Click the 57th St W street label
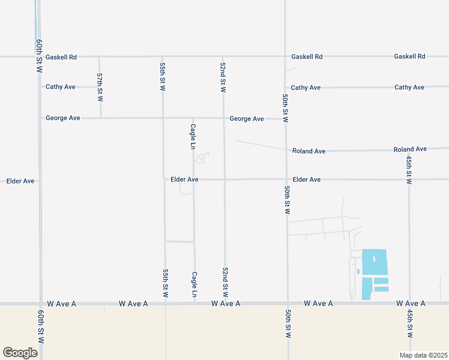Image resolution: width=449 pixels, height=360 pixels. click(100, 86)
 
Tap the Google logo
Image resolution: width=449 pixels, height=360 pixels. click(20, 353)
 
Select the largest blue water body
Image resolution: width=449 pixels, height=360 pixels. click(375, 262)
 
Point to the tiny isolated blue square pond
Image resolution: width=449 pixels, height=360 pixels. click(358, 271)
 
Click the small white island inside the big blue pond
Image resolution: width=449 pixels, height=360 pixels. click(373, 259)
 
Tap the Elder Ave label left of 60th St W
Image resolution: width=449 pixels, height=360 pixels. click(20, 181)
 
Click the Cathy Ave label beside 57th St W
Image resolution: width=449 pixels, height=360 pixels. click(61, 87)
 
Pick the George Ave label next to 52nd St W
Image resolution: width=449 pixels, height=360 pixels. click(247, 119)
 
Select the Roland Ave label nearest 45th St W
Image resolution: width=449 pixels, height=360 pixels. click(410, 149)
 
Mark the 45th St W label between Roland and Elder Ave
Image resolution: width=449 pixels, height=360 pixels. click(409, 170)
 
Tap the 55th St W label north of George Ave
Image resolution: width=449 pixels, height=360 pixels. click(163, 76)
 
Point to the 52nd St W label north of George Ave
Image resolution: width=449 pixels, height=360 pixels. click(223, 77)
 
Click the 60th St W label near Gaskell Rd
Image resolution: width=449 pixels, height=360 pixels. click(39, 56)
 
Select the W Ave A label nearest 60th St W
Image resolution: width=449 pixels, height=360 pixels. click(60, 304)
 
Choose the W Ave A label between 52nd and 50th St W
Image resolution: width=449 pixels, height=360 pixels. click(226, 304)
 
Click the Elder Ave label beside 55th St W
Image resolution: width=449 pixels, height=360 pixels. click(184, 179)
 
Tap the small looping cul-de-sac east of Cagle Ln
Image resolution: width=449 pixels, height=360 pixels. click(202, 158)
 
